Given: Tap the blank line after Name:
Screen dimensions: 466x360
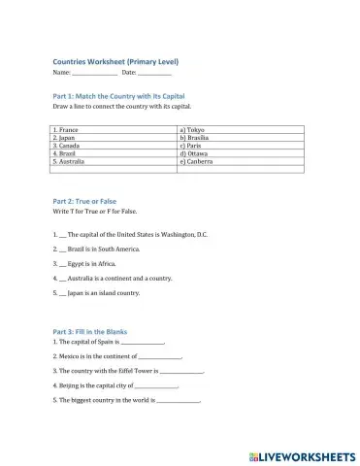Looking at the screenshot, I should (x=94, y=74).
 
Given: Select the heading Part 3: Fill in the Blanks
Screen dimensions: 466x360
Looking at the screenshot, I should (x=89, y=331).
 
